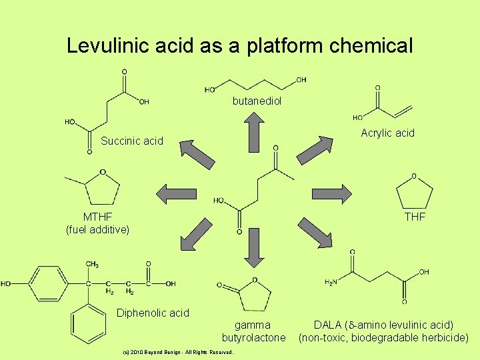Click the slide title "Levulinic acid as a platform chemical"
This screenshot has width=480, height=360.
click(x=240, y=46)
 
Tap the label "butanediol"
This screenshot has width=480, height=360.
click(x=257, y=101)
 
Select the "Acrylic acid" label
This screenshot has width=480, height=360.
click(x=387, y=133)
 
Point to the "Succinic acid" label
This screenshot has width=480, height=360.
click(x=131, y=141)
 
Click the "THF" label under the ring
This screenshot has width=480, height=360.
click(x=415, y=217)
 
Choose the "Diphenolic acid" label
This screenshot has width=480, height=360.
click(x=153, y=313)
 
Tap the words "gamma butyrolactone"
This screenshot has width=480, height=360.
click(x=253, y=331)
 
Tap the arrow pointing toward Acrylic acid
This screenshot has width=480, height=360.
click(x=316, y=149)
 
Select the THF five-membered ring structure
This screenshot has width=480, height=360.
click(x=414, y=193)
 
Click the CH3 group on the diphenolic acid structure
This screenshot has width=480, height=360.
click(x=92, y=265)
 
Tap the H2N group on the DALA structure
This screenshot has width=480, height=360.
click(x=331, y=283)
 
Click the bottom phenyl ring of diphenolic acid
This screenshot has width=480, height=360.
click(x=89, y=324)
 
